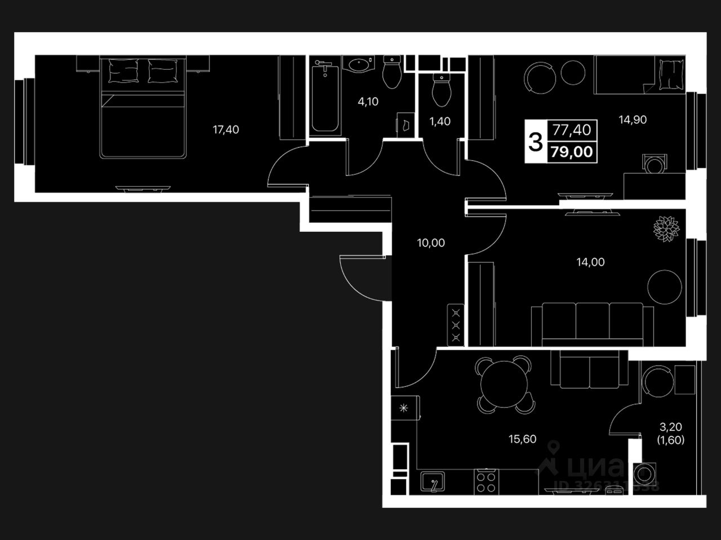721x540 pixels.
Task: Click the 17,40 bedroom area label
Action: [226, 130]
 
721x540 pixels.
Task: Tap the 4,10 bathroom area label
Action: [368, 102]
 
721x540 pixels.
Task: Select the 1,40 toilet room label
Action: [440, 121]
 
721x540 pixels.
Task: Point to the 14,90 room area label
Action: [633, 120]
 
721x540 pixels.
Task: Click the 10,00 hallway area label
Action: [430, 243]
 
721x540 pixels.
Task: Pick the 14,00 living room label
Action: [590, 262]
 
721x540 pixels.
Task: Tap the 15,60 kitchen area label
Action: [522, 439]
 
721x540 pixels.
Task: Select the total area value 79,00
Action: [572, 151]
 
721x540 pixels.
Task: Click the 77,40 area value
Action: [572, 130]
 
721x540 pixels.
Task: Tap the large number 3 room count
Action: [535, 142]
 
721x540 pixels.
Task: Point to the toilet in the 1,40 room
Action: [440, 90]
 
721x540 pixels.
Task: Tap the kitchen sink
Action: [432, 482]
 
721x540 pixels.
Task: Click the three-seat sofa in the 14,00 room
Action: [592, 324]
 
